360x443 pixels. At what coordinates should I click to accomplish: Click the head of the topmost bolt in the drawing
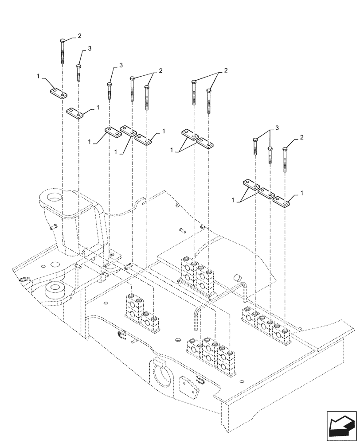(x=63, y=41)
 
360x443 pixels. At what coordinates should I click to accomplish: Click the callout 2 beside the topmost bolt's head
(x=79, y=35)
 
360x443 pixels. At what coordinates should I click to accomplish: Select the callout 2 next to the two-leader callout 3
(x=301, y=138)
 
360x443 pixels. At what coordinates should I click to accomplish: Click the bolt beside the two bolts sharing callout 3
(x=285, y=162)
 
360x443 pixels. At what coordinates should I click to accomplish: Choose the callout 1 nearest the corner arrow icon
(x=301, y=193)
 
